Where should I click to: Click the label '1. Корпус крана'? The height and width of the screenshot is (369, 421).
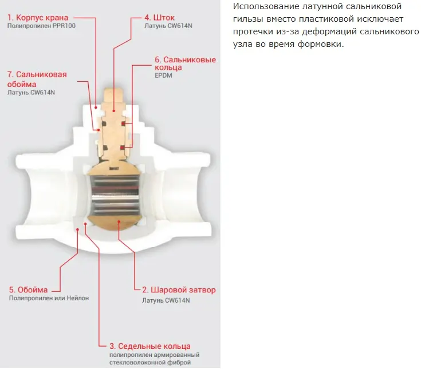38,18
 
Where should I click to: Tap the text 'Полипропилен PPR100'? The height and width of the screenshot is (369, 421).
41,26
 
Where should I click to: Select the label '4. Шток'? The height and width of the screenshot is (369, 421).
159,18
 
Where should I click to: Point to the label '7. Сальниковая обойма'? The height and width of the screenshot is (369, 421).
37,80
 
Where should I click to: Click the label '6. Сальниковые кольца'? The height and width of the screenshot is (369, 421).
185,64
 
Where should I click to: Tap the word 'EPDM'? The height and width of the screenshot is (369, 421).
163,76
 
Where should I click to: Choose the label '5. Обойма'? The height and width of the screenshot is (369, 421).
28,290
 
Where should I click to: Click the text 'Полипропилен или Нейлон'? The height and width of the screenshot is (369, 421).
49,298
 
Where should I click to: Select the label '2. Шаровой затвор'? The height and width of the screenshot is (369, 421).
179,290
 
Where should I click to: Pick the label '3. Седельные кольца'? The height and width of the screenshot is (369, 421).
150,346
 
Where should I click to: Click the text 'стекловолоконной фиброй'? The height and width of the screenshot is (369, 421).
150,363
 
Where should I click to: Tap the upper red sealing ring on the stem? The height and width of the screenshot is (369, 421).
123,124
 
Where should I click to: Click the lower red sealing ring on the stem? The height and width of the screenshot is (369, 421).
123,148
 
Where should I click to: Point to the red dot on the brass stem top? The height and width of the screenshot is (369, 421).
114,110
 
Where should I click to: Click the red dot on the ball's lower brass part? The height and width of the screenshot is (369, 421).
119,221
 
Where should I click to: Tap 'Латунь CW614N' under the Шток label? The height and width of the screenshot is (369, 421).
168,26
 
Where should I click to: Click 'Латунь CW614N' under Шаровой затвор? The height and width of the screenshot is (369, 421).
166,300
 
